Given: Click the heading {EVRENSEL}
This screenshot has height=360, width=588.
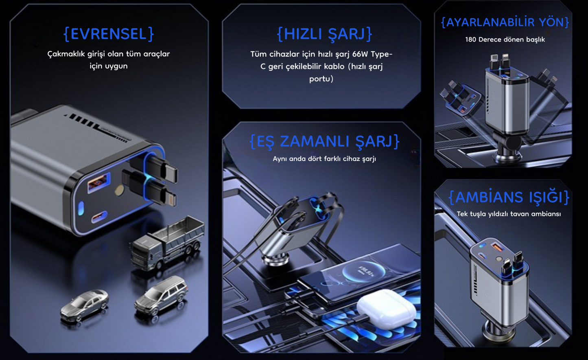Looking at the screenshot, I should coord(109,34).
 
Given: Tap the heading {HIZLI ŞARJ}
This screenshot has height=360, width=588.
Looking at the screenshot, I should coord(324,34).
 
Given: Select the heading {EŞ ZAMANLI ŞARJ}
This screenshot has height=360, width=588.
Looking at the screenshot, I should coord(324,141).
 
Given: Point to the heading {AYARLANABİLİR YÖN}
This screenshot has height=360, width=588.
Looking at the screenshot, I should coord(505,22).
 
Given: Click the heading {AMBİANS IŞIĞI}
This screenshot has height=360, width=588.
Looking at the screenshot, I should coord(509,197).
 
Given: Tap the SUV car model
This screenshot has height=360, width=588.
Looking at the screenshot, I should coord(161,294).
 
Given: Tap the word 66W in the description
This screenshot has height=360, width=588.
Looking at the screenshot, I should coord(360,54).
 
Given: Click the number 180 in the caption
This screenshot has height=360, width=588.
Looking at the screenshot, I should coord(471,40).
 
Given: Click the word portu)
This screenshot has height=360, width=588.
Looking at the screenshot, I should coord(321,79).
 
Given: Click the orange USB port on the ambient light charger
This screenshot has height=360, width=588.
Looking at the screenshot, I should coord(497,246).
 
